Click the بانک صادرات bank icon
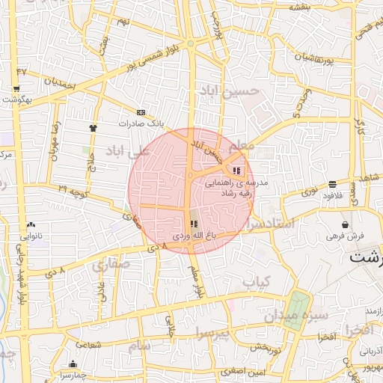[141, 112]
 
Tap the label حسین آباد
[229, 91]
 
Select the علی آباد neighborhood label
[129, 152]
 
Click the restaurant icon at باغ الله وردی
[194, 224]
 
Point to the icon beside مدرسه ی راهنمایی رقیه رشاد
[237, 170]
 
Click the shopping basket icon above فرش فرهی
[345, 224]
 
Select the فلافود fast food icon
[331, 183]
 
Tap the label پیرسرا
[216, 331]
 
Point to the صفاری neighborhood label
[112, 264]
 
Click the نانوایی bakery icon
[31, 224]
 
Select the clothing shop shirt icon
[93, 128]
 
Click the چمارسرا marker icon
[73, 364]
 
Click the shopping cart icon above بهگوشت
[16, 88]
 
